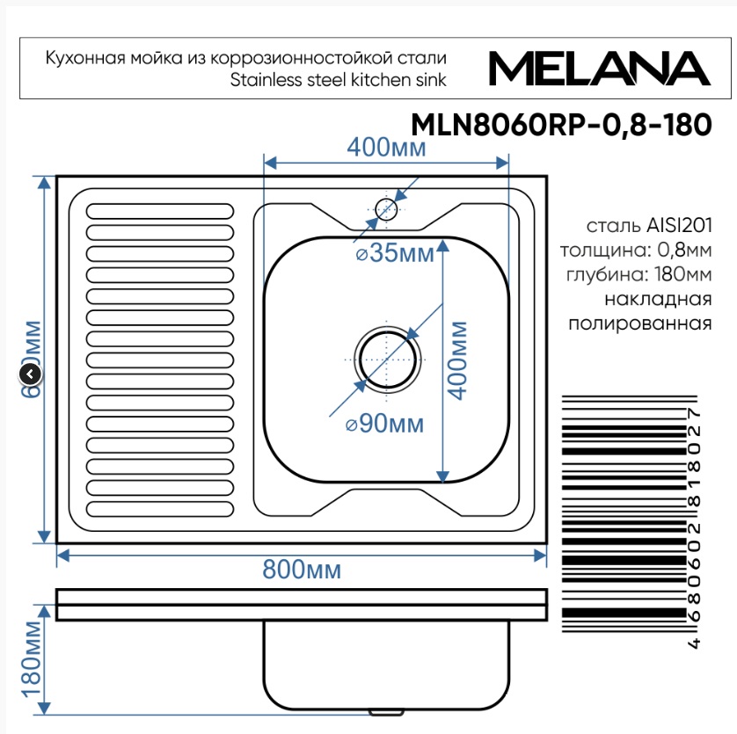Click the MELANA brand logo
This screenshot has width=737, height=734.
tap(598, 68)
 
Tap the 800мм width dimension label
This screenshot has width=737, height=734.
tap(302, 570)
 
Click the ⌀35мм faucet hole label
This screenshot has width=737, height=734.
tap(394, 254)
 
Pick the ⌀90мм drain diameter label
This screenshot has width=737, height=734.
tap(384, 425)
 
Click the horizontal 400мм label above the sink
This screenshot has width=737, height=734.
tap(386, 148)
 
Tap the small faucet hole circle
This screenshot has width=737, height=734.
tap(386, 209)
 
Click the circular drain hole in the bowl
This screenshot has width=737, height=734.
tap(386, 360)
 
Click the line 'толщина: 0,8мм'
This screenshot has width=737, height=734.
tap(636, 250)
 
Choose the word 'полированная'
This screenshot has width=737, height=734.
tap(639, 323)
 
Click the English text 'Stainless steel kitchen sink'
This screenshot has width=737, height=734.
tap(338, 80)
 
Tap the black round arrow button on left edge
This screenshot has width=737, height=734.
tap(30, 375)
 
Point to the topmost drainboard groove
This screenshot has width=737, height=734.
tap(161, 211)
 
